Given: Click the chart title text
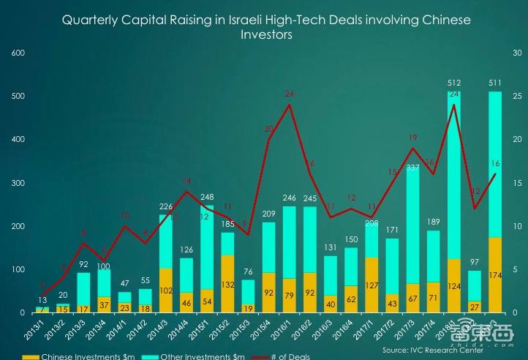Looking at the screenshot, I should click(265, 28).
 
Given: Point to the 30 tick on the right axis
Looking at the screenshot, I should click(516, 53).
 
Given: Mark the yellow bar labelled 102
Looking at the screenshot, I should click(165, 290).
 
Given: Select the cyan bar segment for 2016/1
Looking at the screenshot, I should click(290, 241).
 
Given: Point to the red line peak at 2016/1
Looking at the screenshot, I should click(290, 104).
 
